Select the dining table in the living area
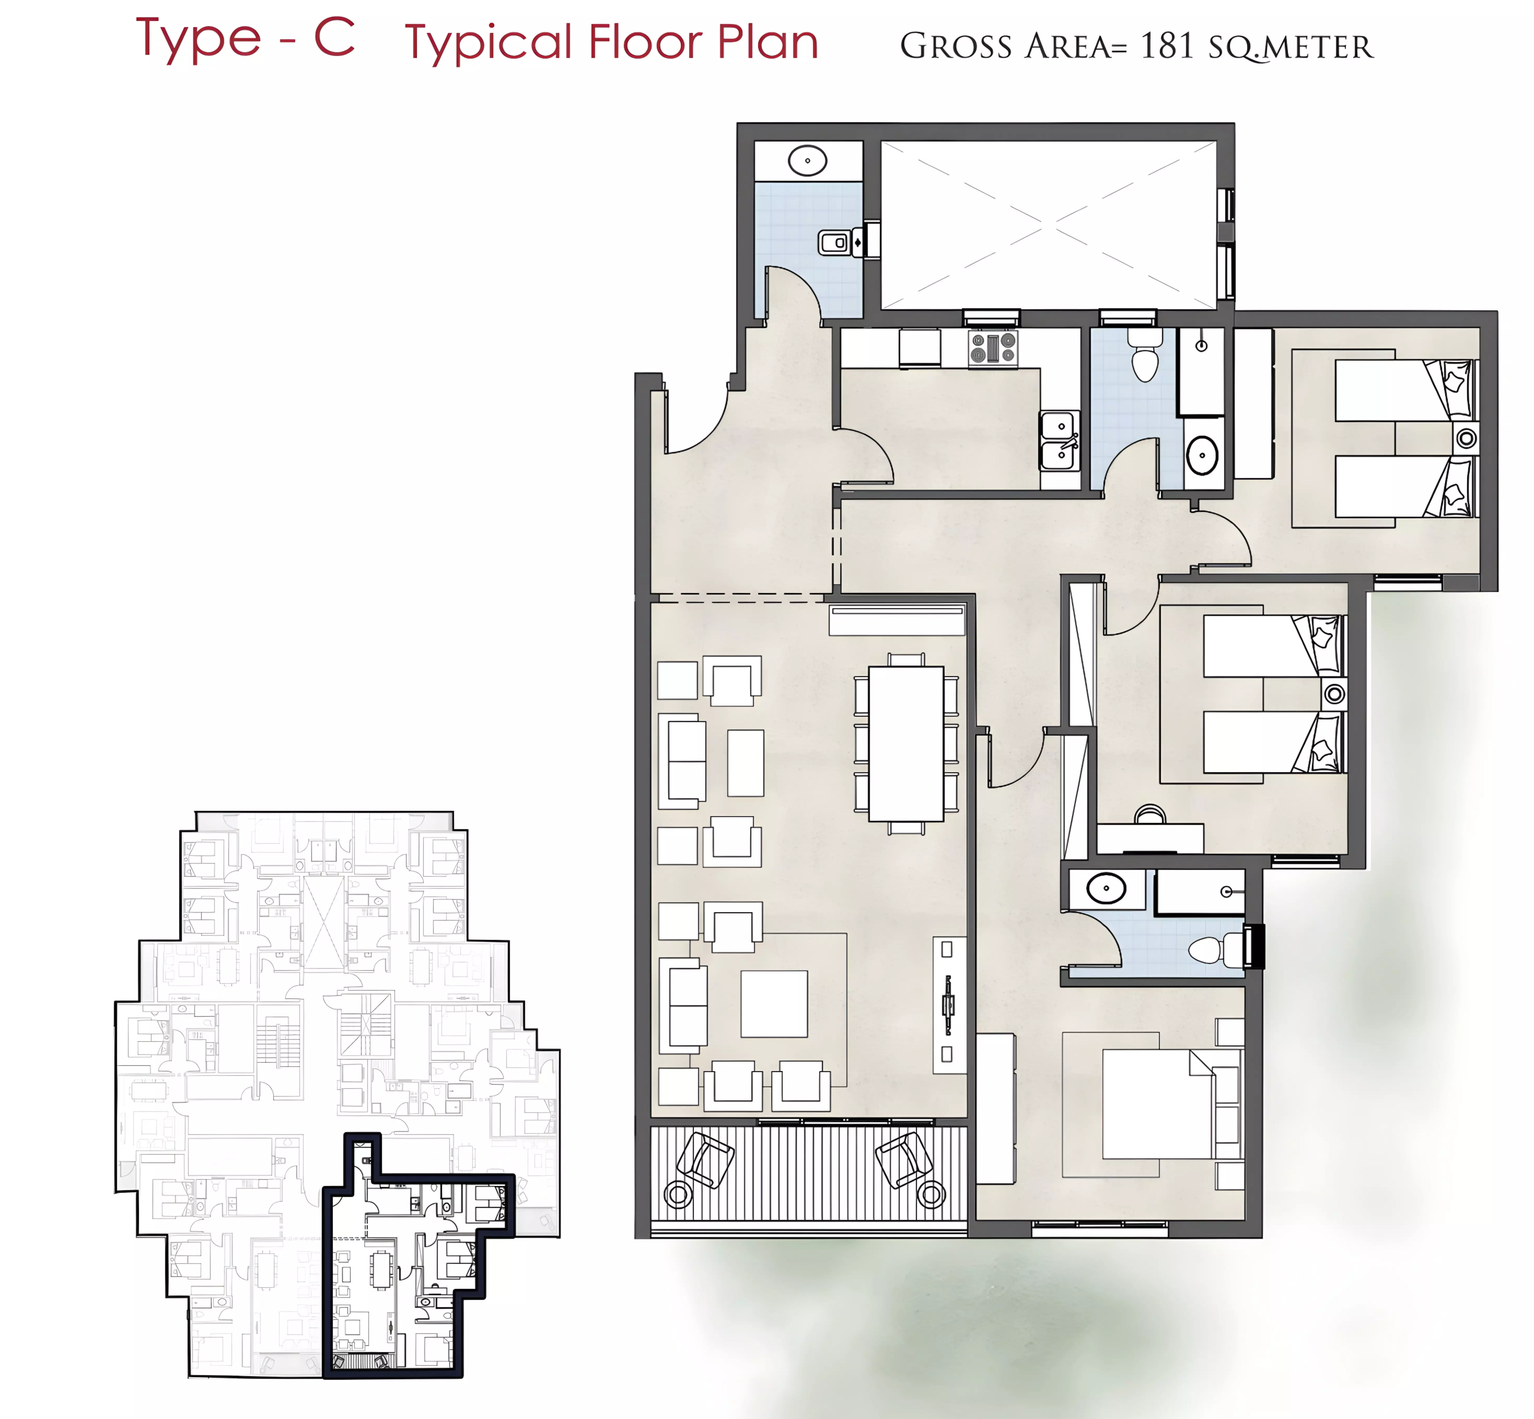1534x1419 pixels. point(906,743)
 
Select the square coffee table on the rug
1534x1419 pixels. point(774,1004)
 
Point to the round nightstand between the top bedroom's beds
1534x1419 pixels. point(1466,438)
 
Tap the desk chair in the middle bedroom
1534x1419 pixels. point(1149,814)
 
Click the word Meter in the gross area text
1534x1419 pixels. point(1317,48)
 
